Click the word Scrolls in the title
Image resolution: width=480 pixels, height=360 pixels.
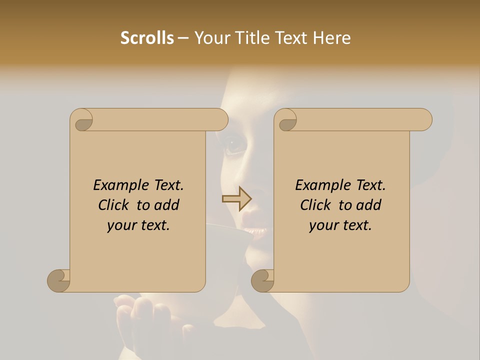[147, 38]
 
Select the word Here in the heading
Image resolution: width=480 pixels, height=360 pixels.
[332, 38]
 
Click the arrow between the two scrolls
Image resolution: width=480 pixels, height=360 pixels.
[236, 199]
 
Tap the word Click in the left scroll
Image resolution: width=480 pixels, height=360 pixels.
[113, 205]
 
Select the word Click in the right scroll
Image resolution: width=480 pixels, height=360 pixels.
[315, 205]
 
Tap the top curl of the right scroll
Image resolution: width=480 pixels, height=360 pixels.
[287, 120]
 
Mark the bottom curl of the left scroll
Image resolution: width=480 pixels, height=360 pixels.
[58, 280]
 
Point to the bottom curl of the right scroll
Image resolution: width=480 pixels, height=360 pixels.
[262, 280]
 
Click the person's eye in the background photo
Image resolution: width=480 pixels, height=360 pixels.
[235, 145]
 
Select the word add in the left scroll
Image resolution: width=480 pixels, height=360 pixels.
[167, 205]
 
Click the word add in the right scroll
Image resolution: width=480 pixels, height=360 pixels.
[369, 205]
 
